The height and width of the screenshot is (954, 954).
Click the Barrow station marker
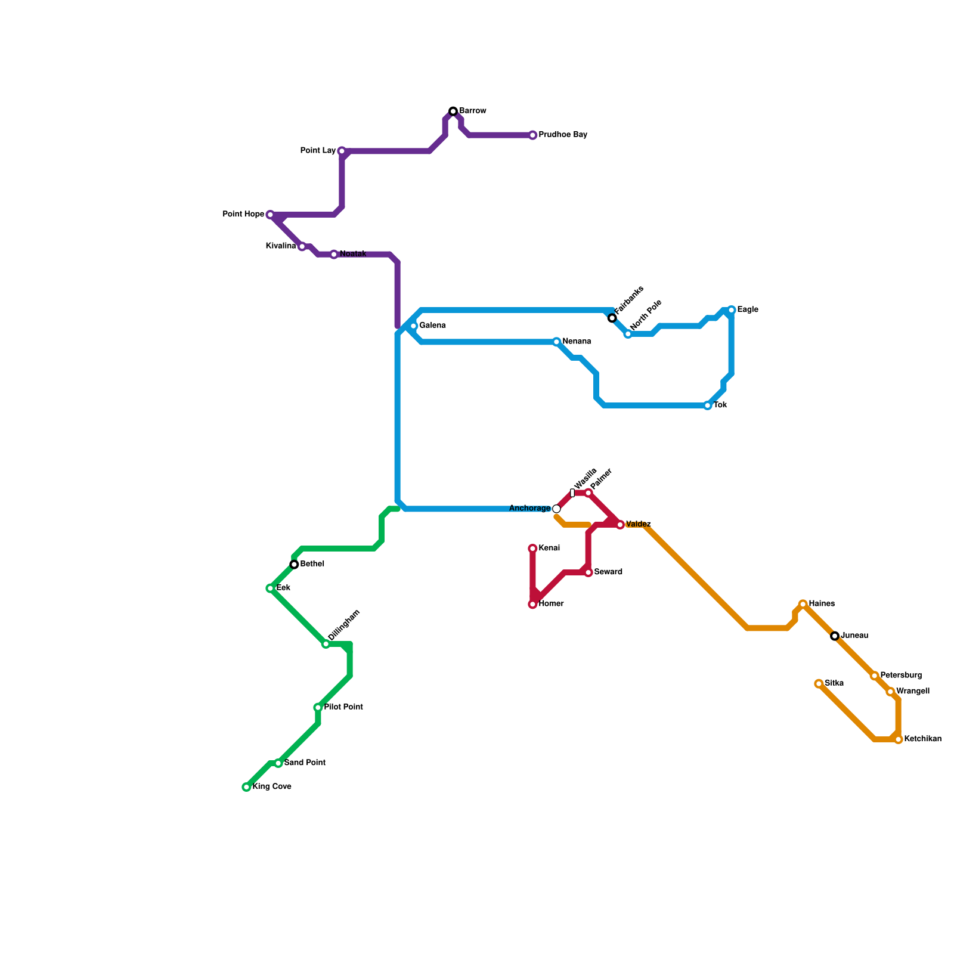(453, 111)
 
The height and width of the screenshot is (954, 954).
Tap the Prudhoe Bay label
(563, 135)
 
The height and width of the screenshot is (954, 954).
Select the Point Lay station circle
(342, 151)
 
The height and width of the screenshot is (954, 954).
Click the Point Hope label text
(243, 215)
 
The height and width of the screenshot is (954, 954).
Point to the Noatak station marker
(334, 255)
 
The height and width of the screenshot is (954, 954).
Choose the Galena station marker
(414, 326)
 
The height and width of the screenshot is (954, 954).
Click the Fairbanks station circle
(612, 318)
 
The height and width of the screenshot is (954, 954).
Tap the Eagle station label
(748, 310)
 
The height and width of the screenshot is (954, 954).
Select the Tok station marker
(708, 406)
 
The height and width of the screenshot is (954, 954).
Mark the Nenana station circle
(556, 342)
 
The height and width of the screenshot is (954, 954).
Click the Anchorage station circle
(556, 509)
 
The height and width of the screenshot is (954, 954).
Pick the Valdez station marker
(620, 525)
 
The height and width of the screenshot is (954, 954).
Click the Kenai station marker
(532, 549)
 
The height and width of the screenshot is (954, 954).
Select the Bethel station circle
(294, 565)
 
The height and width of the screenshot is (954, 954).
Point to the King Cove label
(272, 787)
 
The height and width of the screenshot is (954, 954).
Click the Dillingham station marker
(326, 644)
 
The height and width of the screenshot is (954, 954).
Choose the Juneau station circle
(835, 636)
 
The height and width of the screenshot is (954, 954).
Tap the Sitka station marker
(819, 684)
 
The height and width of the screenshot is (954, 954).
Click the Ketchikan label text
(922, 739)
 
